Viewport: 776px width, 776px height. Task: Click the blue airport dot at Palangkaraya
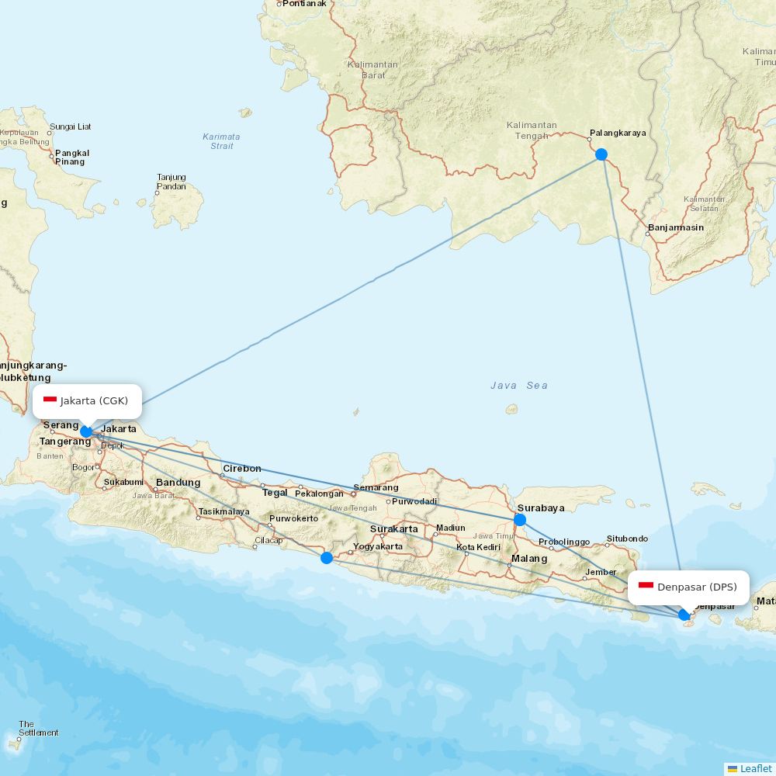point(601,154)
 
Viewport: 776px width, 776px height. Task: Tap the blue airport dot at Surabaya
point(520,520)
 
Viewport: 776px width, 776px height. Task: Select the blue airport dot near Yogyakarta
point(327,557)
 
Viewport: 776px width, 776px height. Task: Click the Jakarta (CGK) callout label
point(87,401)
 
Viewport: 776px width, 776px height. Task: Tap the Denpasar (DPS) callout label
point(689,587)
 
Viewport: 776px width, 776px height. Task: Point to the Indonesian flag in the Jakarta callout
point(50,400)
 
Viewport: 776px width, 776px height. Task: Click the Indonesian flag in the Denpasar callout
point(646,586)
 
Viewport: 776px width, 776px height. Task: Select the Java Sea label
point(518,386)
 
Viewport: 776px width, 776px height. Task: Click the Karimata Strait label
point(222,141)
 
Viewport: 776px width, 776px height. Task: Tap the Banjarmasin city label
point(675,228)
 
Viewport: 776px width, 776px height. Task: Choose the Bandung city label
point(178,483)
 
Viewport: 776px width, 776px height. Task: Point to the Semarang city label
point(376,488)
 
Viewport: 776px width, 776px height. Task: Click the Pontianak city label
point(304,4)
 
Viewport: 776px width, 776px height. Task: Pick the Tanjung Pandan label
point(171,182)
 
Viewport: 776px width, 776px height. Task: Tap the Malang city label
point(528,559)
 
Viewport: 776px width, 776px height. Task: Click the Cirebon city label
point(242,469)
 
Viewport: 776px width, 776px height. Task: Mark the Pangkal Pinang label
point(71,158)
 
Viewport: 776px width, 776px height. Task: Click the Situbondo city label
point(627,539)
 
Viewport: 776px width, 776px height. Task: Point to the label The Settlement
point(38,729)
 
